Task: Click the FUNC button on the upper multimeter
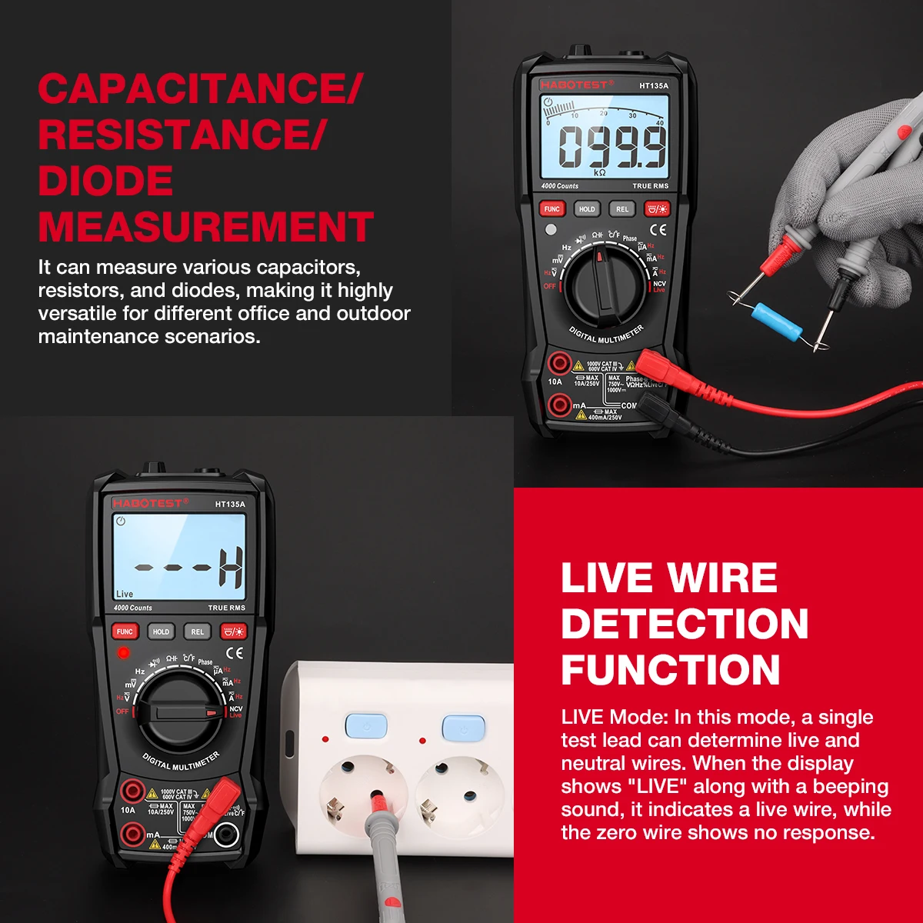(x=551, y=209)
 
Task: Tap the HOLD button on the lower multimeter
(x=161, y=632)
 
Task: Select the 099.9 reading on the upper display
(x=612, y=147)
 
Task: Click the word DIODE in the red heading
(x=105, y=182)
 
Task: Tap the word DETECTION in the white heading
(x=685, y=623)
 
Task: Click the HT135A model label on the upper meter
(x=654, y=86)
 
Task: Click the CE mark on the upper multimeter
(x=658, y=229)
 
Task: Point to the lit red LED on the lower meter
(x=123, y=653)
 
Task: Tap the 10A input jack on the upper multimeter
(x=559, y=363)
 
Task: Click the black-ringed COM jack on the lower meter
(x=226, y=834)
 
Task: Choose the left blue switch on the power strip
(x=366, y=725)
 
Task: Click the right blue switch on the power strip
(x=463, y=726)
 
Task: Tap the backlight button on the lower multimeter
(x=233, y=632)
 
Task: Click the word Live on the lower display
(x=125, y=594)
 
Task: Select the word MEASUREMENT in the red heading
(x=206, y=228)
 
